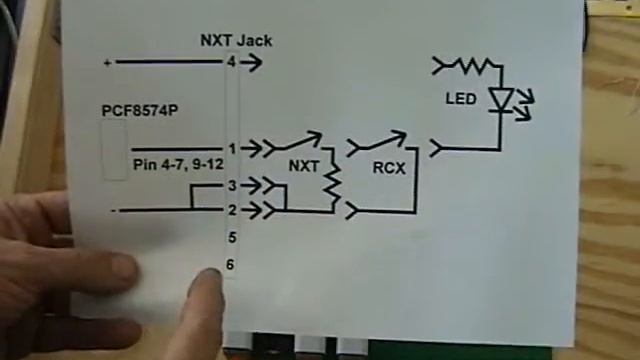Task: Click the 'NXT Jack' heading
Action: (x=235, y=41)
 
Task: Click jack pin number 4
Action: (x=231, y=62)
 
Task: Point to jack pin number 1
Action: (x=231, y=148)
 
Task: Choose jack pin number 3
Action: (x=231, y=185)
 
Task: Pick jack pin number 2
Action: (x=231, y=210)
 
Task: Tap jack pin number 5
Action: (x=231, y=237)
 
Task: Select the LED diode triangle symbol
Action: (x=500, y=99)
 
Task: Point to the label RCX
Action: (x=388, y=168)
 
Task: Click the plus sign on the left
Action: (x=107, y=62)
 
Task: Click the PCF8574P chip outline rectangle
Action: (x=115, y=150)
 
